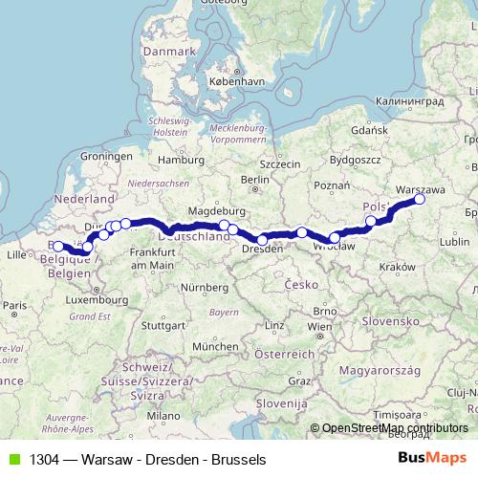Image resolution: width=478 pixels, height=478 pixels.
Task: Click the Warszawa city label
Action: click(420, 188)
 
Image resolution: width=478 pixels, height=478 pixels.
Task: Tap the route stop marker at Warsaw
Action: click(419, 199)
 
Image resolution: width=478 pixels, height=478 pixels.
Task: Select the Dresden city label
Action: click(262, 249)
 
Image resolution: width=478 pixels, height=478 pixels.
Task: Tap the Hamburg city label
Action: click(175, 159)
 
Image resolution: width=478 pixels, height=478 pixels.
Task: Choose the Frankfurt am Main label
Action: click(151, 257)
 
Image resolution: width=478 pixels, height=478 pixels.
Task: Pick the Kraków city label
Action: click(395, 267)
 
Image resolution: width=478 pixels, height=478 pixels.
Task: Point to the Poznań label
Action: click(330, 185)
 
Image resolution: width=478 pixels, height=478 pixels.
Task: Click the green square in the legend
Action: click(11, 457)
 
